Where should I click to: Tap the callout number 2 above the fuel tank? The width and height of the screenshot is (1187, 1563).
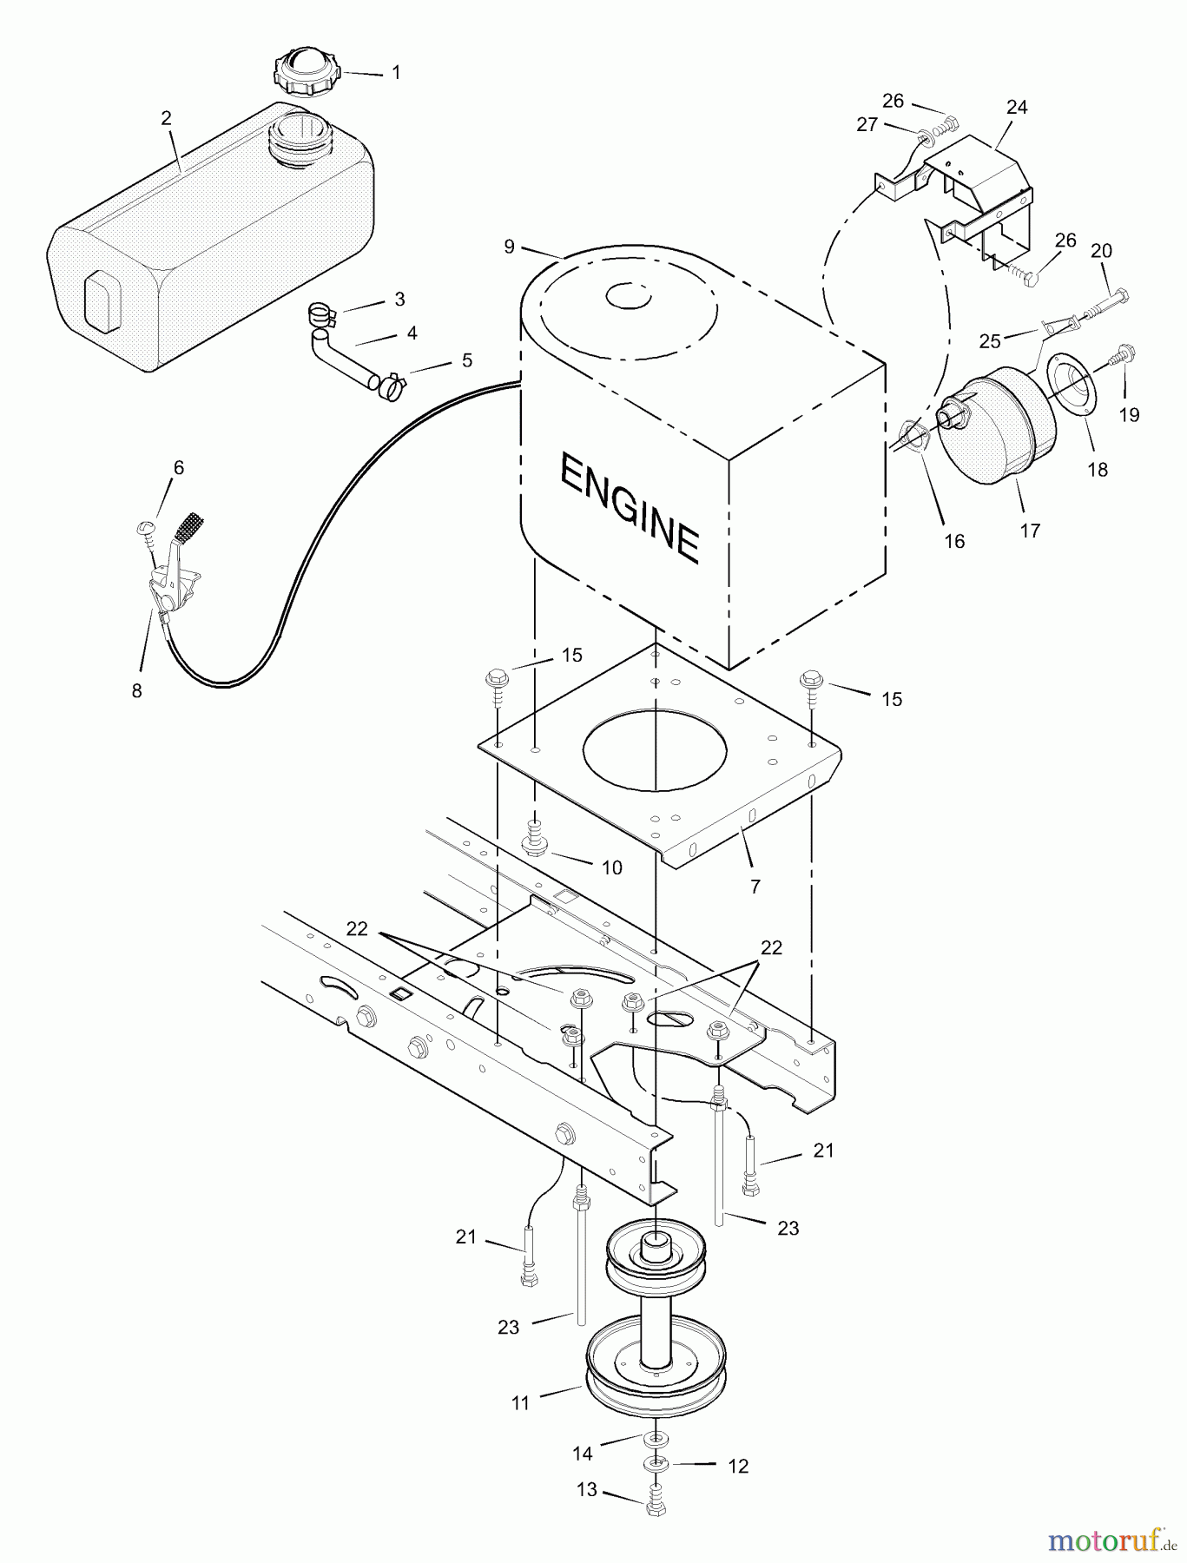pyautogui.click(x=166, y=118)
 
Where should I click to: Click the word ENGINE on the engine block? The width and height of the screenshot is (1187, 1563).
pyautogui.click(x=630, y=508)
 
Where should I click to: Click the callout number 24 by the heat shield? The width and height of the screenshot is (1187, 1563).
pyautogui.click(x=1016, y=107)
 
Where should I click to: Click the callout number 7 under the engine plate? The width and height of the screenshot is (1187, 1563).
pyautogui.click(x=755, y=886)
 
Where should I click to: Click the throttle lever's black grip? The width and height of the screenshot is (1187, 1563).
pyautogui.click(x=192, y=526)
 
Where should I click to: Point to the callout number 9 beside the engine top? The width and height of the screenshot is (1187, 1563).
pyautogui.click(x=509, y=247)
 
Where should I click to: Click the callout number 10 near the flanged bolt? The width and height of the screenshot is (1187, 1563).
pyautogui.click(x=611, y=867)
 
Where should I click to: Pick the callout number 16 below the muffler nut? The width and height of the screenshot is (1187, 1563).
pyautogui.click(x=954, y=541)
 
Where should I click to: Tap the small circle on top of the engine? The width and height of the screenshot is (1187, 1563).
pyautogui.click(x=629, y=296)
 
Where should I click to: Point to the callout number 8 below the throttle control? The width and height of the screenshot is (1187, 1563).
pyautogui.click(x=136, y=691)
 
